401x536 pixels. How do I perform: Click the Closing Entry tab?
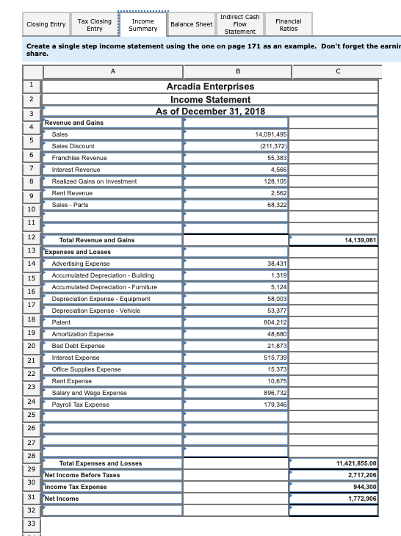pyautogui.click(x=46, y=25)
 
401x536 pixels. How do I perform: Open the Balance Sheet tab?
pyautogui.click(x=191, y=25)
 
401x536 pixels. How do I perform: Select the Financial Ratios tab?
pyautogui.click(x=287, y=25)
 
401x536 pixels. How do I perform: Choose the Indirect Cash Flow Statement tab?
pyautogui.click(x=239, y=24)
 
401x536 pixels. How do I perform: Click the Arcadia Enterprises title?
pyautogui.click(x=211, y=87)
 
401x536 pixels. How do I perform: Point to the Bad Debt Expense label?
pyautogui.click(x=79, y=345)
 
